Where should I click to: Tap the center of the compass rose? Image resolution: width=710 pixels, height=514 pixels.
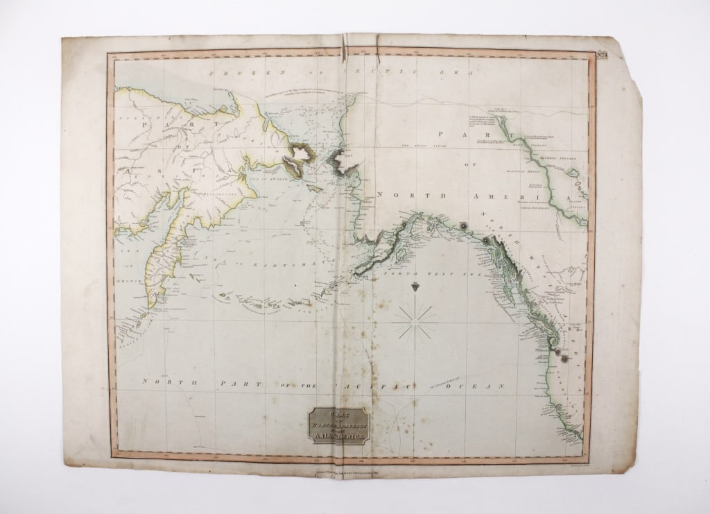(x=415, y=318)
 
